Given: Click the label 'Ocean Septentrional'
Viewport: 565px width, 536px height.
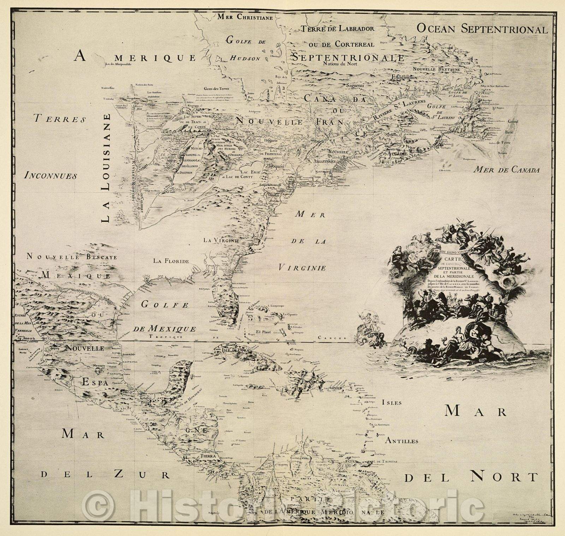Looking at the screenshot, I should pyautogui.click(x=482, y=29).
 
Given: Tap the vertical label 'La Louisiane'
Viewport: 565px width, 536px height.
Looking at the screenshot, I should pyautogui.click(x=105, y=168).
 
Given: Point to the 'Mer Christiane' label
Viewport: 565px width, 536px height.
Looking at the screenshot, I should pyautogui.click(x=245, y=16).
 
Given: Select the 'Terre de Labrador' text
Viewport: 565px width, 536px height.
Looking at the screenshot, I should pyautogui.click(x=337, y=29).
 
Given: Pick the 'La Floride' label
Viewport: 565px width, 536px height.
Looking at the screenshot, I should pyautogui.click(x=171, y=261).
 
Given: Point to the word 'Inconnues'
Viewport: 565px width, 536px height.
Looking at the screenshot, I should pyautogui.click(x=50, y=175).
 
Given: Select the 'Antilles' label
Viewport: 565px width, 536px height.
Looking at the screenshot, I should pyautogui.click(x=402, y=441).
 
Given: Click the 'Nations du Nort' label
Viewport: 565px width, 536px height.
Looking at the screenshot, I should pyautogui.click(x=340, y=64).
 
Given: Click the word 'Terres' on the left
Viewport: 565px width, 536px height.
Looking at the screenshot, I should pyautogui.click(x=60, y=119).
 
